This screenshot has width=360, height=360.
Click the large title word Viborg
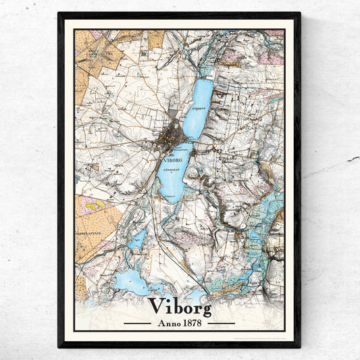click(x=180, y=306)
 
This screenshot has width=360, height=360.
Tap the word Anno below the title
click(x=167, y=323)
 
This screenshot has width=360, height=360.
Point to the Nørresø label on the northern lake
click(x=198, y=108)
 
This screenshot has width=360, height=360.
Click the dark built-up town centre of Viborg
click(x=172, y=135)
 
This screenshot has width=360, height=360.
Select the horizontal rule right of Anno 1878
click(x=221, y=324)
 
